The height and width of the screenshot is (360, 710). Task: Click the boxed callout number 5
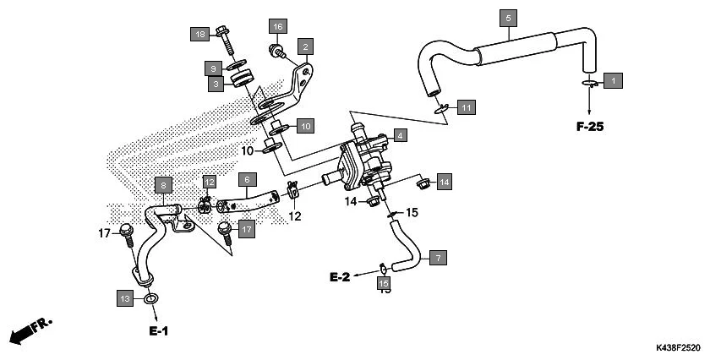[508, 18]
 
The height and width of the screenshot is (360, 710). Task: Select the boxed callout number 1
[614, 81]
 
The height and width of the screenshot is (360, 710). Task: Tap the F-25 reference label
[591, 127]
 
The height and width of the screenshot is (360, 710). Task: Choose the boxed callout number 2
[304, 46]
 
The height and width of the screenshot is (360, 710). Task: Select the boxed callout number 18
[199, 35]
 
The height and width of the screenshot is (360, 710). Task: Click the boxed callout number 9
[214, 68]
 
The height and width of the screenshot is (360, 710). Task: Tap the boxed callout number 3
[217, 84]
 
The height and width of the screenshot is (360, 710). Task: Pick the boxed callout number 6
[247, 180]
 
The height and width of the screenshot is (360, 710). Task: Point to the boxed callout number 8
[163, 183]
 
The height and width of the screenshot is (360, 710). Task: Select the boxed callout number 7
[438, 258]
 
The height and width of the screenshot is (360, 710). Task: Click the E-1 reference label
[159, 330]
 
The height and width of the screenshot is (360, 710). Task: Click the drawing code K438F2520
[678, 347]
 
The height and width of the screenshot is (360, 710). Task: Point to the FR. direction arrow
[30, 331]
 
